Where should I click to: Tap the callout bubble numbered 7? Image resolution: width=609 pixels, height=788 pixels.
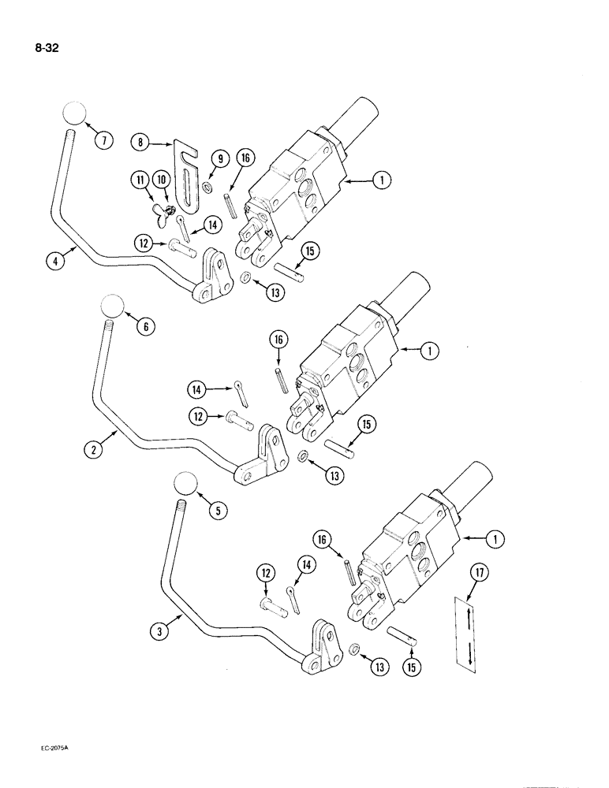[103, 140]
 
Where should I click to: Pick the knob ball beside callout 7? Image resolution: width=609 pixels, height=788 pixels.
[72, 114]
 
